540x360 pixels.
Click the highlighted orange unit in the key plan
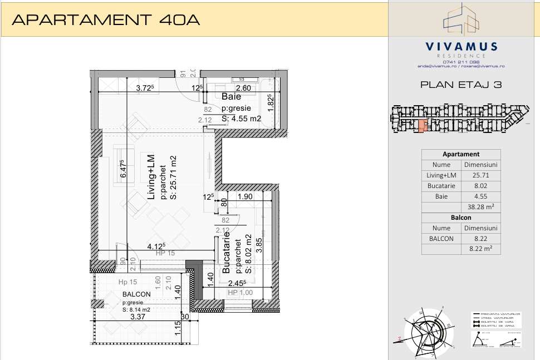click(x=422, y=126)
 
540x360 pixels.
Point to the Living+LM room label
click(x=151, y=177)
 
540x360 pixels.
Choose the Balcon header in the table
click(x=460, y=218)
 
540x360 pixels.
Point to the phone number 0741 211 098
click(x=461, y=61)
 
